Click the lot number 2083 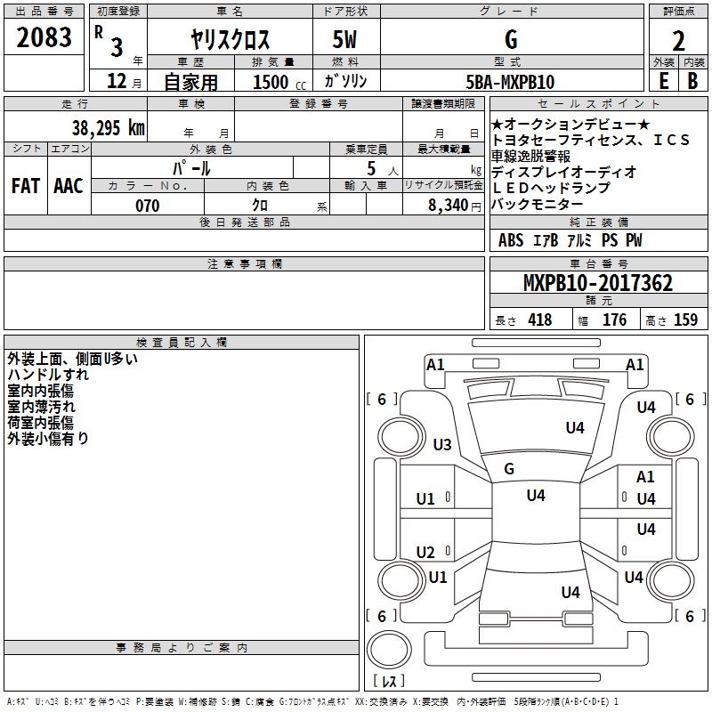44,37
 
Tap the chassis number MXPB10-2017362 597,284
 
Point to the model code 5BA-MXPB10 510,82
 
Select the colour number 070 147,206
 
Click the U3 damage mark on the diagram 441,444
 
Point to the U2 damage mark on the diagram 426,552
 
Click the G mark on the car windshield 509,468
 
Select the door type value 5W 345,40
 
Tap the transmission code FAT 25,186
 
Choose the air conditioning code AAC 68,186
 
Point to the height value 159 685,320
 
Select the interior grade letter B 692,81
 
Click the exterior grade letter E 663,81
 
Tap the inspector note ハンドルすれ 48,375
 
